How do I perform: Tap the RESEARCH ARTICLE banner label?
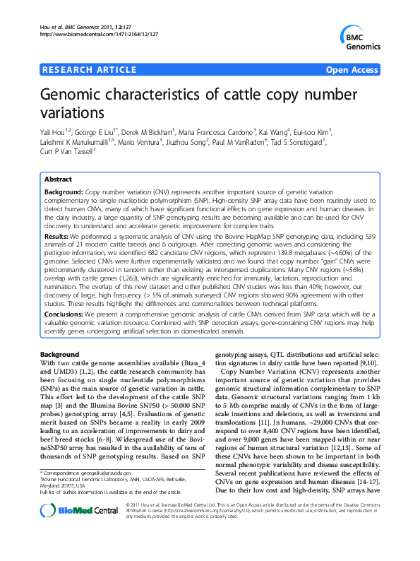90,69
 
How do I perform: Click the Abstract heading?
59,179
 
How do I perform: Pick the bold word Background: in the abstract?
64,192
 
